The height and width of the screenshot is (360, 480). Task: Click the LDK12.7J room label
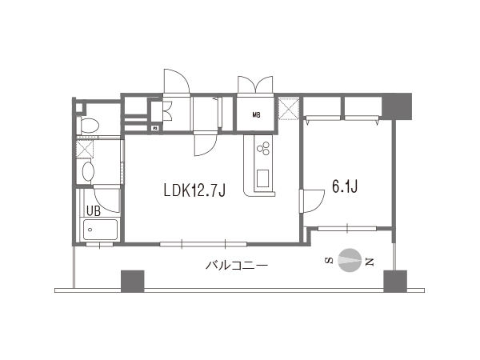click(x=194, y=190)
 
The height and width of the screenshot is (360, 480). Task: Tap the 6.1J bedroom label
click(x=345, y=186)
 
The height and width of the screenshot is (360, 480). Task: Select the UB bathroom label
click(x=94, y=210)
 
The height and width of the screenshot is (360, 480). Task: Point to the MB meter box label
click(x=257, y=115)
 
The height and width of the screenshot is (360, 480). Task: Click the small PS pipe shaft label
click(x=155, y=128)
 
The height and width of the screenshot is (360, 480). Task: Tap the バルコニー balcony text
click(x=237, y=265)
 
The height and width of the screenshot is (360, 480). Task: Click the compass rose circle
click(x=350, y=260)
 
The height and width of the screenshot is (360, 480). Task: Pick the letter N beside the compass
click(x=370, y=262)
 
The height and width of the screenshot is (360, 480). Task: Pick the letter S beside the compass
click(x=329, y=261)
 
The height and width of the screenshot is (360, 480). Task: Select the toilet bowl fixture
click(x=89, y=126)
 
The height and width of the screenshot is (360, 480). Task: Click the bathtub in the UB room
click(x=100, y=230)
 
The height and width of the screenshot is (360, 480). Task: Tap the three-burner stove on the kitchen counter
click(x=263, y=148)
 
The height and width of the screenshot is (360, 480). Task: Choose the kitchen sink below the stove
click(x=262, y=178)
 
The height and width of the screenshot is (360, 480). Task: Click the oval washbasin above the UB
click(x=88, y=172)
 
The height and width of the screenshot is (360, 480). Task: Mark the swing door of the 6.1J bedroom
click(x=312, y=201)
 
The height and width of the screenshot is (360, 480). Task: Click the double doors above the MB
click(x=255, y=85)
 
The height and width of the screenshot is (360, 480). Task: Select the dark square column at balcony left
click(x=133, y=281)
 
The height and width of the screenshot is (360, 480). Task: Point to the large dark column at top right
click(x=397, y=106)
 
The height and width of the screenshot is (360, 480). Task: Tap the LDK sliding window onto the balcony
click(x=203, y=244)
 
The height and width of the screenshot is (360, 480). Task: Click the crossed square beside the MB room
click(x=288, y=109)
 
